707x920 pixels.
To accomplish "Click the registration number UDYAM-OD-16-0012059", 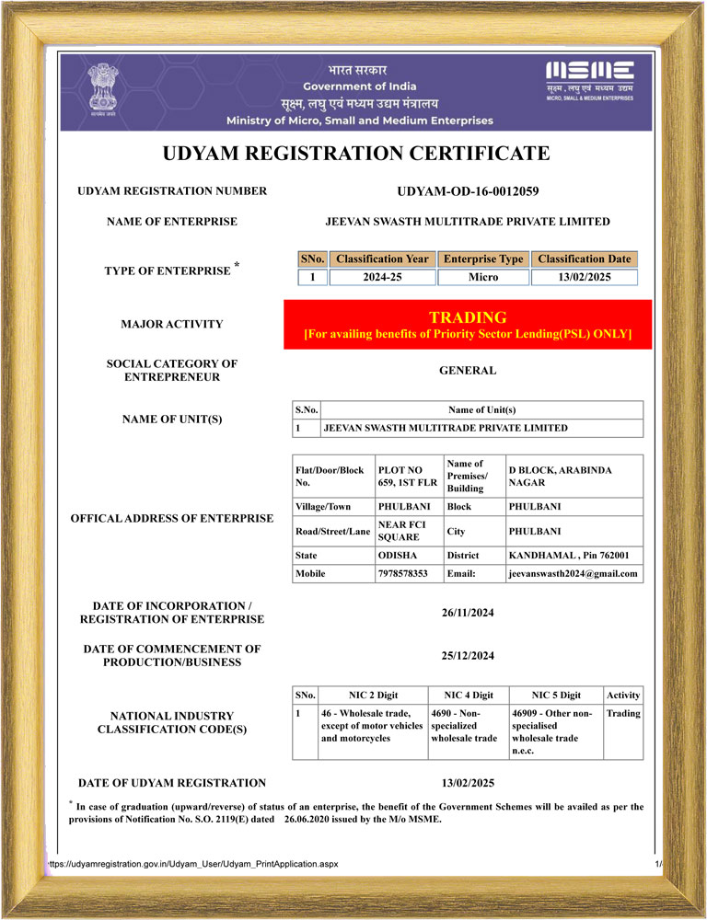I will [x=467, y=191].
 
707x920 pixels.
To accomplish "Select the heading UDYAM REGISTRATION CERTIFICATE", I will [x=356, y=153].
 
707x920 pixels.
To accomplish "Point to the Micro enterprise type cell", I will [x=483, y=277].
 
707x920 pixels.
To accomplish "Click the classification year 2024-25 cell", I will [x=382, y=277].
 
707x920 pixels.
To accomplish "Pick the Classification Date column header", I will [x=584, y=259].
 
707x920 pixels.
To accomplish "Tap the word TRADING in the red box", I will [x=468, y=317].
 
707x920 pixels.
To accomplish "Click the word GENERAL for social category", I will [x=468, y=371].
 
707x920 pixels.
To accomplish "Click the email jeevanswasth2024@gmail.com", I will [x=573, y=573].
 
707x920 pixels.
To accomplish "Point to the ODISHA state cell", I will [x=397, y=556].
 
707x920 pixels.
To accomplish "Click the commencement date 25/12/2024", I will [x=468, y=656].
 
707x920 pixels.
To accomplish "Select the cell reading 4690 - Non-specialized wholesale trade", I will [x=467, y=725].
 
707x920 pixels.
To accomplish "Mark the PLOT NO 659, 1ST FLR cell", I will [x=406, y=476].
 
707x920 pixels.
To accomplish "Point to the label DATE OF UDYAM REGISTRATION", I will [x=172, y=783].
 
